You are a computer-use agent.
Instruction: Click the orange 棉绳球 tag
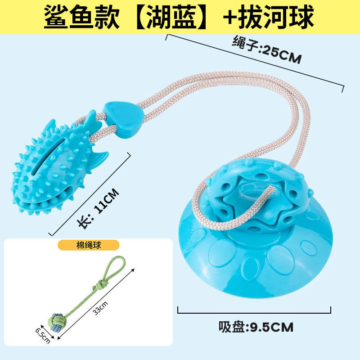[89, 245]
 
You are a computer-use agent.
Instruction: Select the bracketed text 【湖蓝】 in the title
[168, 17]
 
